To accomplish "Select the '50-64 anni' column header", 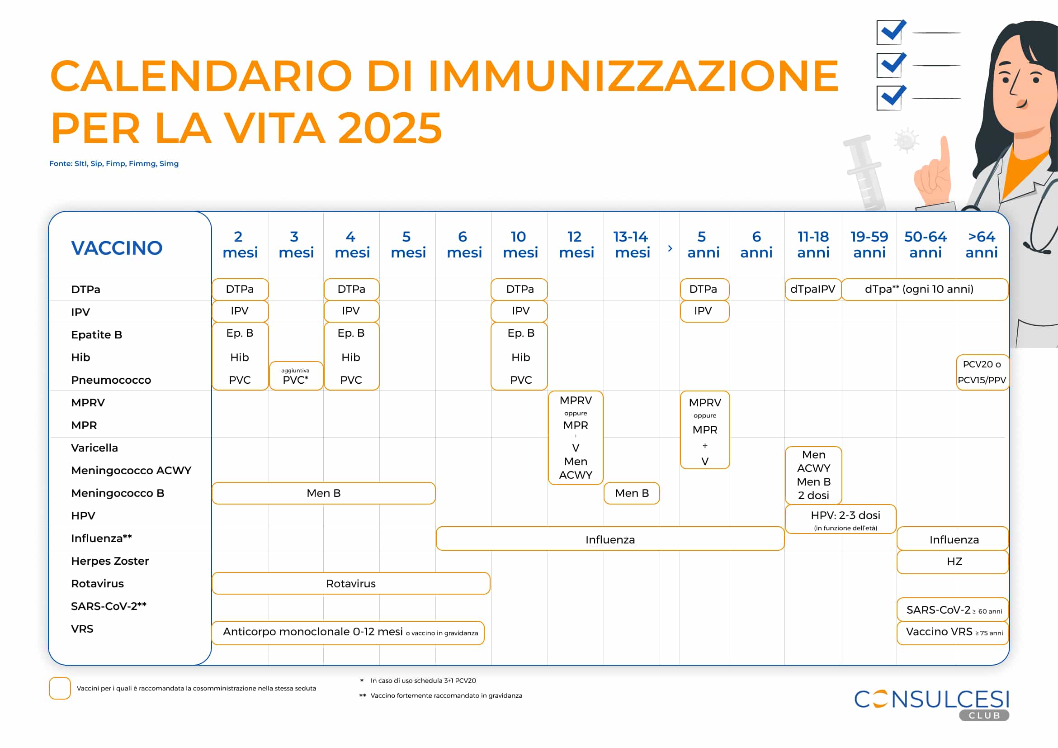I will click(925, 244).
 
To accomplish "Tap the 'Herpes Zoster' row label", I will click(110, 561).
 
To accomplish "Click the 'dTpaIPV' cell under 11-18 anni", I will click(813, 289).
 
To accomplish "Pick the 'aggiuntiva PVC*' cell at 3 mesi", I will click(296, 376).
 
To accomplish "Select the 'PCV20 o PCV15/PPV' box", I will click(982, 372).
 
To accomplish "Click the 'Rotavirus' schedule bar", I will click(351, 583).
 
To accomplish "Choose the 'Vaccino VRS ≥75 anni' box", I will click(953, 632).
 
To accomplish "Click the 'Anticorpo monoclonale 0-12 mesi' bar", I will click(348, 632).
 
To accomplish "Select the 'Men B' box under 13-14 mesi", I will click(631, 493).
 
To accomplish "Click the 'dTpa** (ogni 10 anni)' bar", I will click(924, 289).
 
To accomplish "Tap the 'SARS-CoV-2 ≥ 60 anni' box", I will click(953, 610).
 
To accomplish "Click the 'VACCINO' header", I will click(117, 248).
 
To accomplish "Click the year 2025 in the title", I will click(389, 128).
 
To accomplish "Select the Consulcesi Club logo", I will click(932, 703).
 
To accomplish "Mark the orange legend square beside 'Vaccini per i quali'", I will click(60, 688).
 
